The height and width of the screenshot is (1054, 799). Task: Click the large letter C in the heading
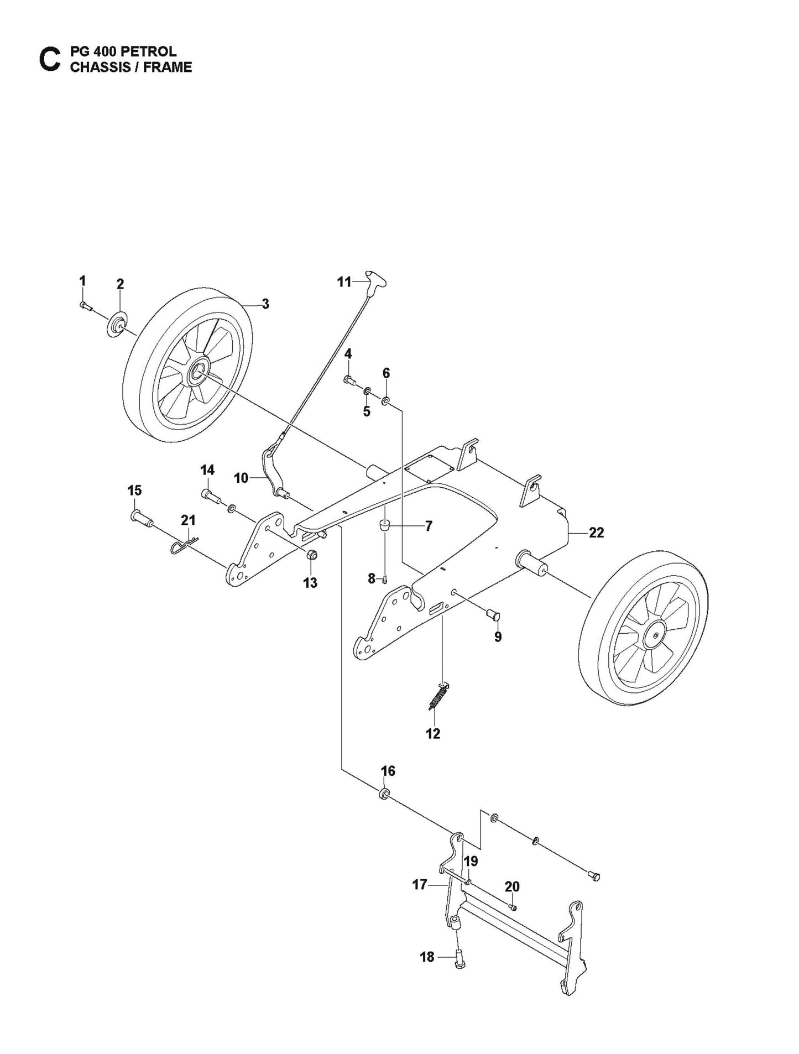coord(49,60)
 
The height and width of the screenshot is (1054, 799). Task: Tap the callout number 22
coord(596,533)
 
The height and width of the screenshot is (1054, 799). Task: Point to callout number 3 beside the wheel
coord(265,304)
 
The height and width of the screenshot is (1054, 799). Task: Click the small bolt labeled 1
coord(84,305)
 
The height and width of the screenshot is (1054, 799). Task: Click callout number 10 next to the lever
coord(241,478)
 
